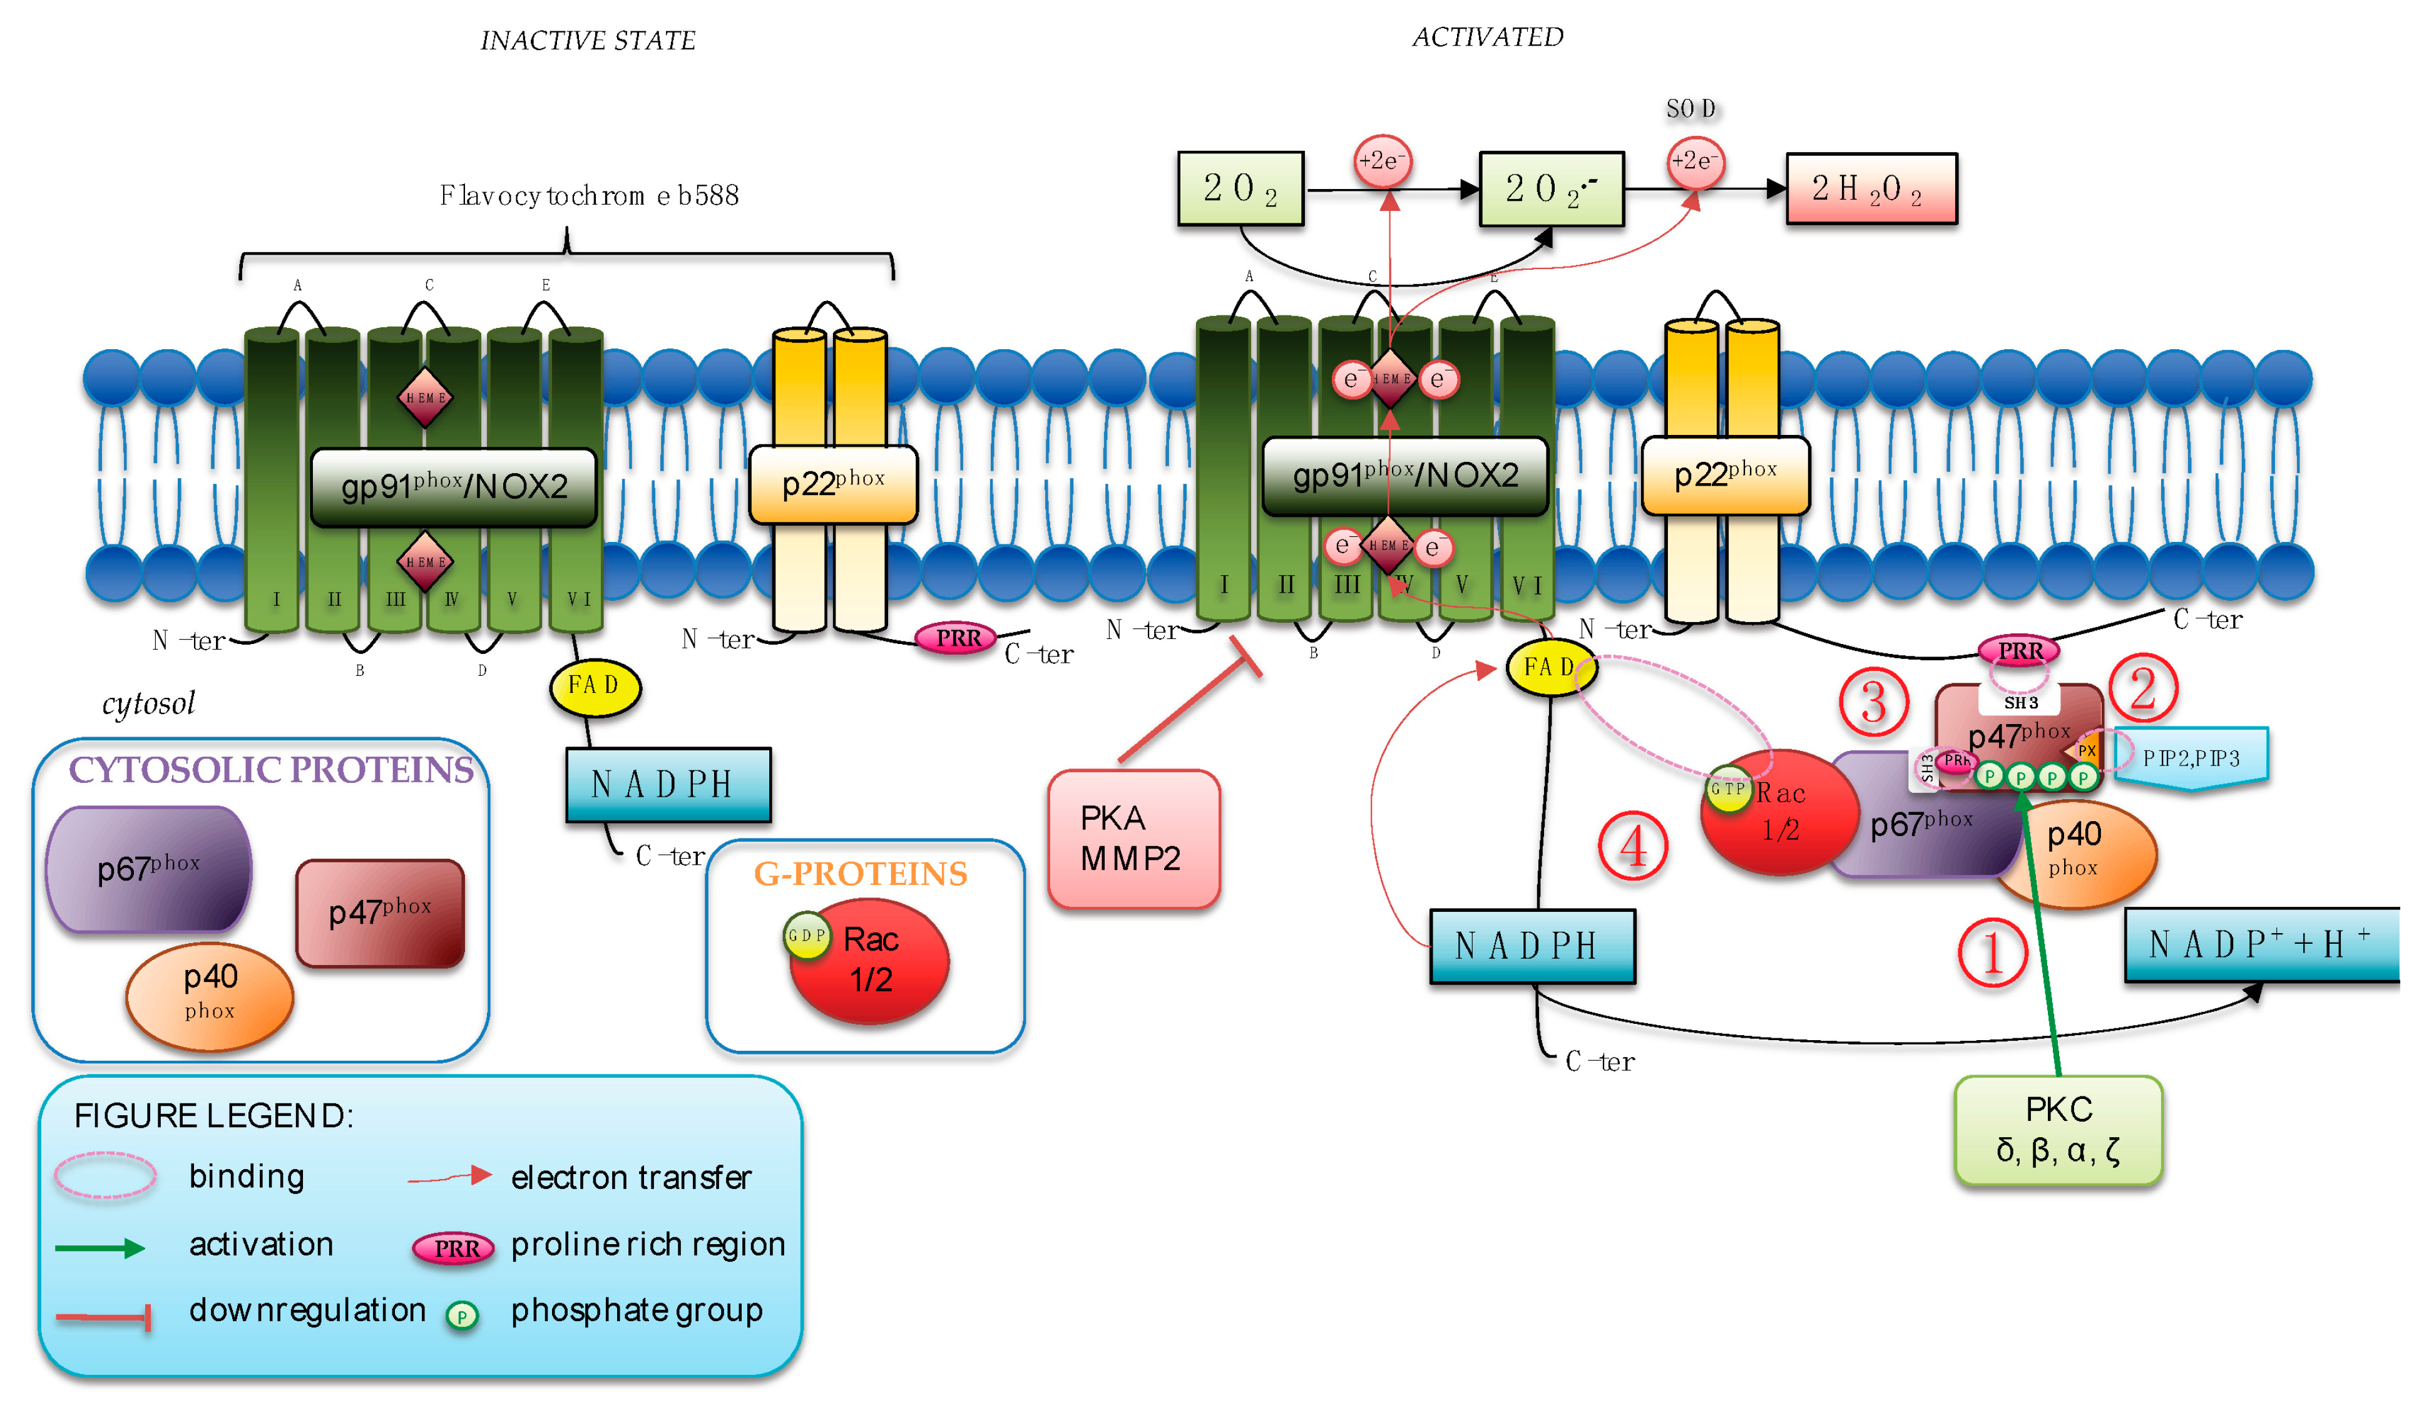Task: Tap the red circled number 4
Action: point(1632,846)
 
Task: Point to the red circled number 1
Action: point(1992,952)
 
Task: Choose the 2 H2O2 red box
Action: point(1870,188)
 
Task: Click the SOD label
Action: point(1690,109)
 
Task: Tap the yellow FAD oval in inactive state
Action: point(595,686)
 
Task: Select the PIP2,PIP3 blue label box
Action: point(2191,758)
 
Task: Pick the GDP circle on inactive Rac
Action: point(806,935)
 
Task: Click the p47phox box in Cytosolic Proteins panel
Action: point(380,912)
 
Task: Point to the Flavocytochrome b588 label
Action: point(589,197)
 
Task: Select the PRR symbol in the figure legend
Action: point(453,1247)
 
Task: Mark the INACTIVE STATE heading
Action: point(588,41)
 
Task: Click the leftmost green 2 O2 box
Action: point(1240,188)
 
